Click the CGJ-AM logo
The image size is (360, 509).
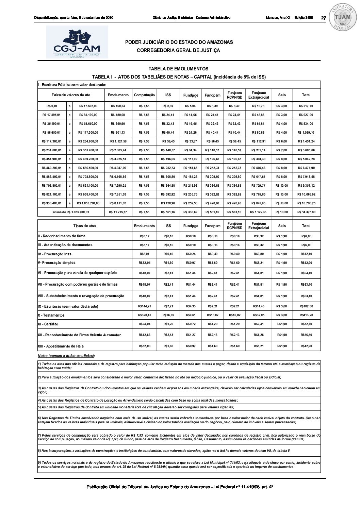(77, 42)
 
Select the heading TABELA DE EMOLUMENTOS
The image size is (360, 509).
(178, 69)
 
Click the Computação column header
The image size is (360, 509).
(144, 95)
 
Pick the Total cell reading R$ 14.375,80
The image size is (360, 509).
(306, 212)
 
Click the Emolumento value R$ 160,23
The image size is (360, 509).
(118, 106)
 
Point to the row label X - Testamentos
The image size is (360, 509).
(51, 315)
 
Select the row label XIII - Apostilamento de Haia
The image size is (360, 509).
(61, 346)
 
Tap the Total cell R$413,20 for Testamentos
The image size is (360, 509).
(306, 315)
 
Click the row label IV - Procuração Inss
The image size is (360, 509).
(54, 254)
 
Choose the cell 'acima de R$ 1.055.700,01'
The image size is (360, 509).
(71, 212)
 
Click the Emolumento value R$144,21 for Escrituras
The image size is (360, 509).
(144, 306)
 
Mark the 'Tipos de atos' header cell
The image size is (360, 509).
(85, 226)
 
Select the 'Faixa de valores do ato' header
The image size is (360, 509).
(71, 95)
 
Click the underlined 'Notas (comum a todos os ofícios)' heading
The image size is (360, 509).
(66, 356)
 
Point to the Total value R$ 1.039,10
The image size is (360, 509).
(306, 133)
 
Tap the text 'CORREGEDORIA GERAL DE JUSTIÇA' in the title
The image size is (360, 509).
(178, 50)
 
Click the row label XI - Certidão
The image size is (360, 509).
(48, 324)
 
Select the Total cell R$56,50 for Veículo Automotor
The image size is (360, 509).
(306, 335)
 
